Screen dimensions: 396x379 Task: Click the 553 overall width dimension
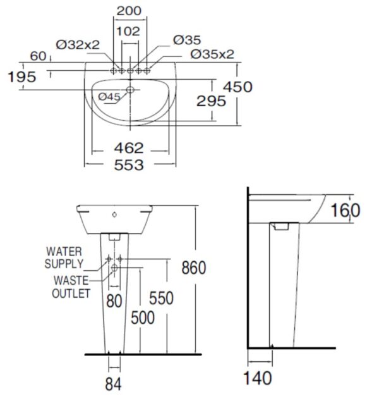point(129,165)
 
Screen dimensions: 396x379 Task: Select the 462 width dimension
point(129,148)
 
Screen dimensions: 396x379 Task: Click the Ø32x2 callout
point(78,44)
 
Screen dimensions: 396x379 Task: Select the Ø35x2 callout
point(212,54)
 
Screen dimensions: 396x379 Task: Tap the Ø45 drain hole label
point(109,96)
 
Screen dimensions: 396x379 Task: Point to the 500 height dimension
point(142,317)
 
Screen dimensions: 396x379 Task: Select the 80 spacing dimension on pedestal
point(114,300)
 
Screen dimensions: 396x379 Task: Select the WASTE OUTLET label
point(71,287)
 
